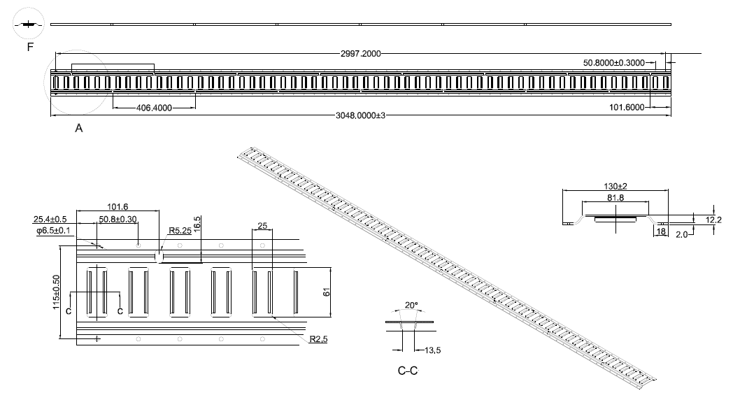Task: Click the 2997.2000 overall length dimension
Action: coord(361,53)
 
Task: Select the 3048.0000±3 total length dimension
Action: coord(361,115)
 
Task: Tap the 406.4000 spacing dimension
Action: coord(154,108)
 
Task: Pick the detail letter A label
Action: coord(78,129)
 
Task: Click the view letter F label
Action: coord(29,48)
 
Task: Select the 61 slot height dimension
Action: coord(327,292)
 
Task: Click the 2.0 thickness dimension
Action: coord(681,236)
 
